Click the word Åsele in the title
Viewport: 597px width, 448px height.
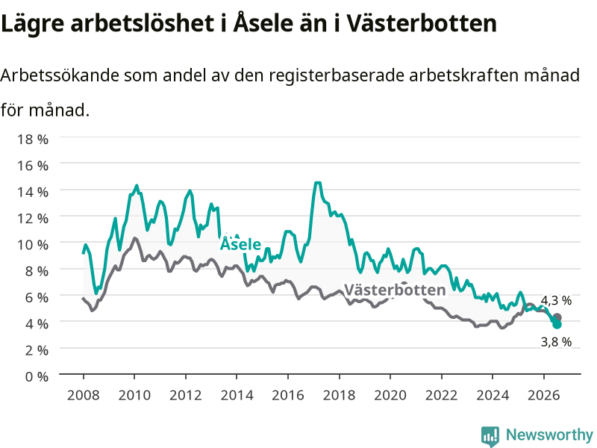click(263, 22)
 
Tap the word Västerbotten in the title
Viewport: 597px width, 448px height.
click(422, 23)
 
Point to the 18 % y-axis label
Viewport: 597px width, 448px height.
click(33, 139)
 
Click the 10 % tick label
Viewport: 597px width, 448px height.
click(33, 245)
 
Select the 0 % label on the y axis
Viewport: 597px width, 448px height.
click(37, 377)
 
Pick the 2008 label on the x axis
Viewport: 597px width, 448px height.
click(84, 395)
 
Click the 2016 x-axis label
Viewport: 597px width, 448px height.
click(288, 395)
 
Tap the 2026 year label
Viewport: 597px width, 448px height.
click(544, 395)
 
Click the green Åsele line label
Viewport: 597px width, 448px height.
click(240, 244)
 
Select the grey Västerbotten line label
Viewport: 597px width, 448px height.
click(395, 290)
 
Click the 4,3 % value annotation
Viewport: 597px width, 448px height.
click(556, 301)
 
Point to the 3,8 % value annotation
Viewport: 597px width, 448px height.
click(556, 342)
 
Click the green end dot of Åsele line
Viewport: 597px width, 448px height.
click(557, 324)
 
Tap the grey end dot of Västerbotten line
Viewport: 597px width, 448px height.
click(557, 317)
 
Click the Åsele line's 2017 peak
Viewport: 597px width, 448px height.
click(318, 183)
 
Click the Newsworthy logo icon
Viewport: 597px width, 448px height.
click(490, 436)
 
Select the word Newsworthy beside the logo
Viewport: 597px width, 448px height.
click(549, 435)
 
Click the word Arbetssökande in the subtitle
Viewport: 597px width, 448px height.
click(60, 75)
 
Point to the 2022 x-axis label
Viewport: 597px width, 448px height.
click(441, 395)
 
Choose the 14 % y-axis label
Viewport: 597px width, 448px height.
click(33, 192)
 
